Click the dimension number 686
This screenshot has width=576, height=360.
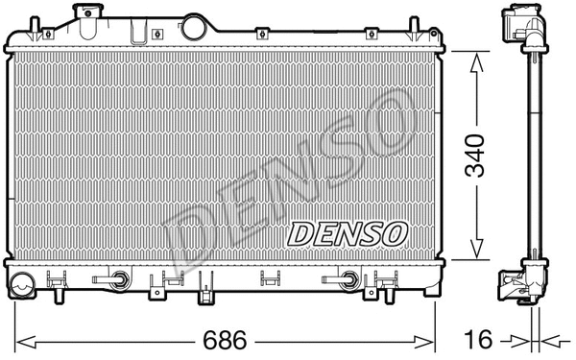(228, 340)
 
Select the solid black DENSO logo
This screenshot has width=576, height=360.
(347, 231)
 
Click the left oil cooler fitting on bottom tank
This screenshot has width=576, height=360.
(120, 281)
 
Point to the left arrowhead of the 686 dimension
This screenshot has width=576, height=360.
(23, 340)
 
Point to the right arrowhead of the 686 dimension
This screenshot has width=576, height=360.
(432, 340)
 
